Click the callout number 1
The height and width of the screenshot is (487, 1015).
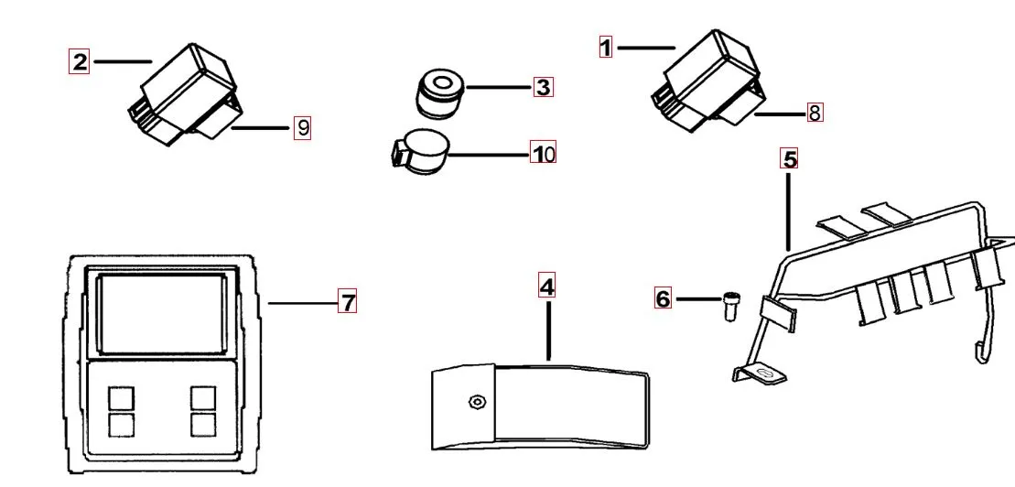tap(605, 47)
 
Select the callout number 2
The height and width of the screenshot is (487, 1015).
tap(80, 62)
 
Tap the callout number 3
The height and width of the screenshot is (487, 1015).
tap(544, 88)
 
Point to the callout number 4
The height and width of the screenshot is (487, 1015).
tap(546, 287)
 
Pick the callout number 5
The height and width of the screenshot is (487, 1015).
tap(789, 158)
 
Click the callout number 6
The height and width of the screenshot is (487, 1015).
tap(664, 298)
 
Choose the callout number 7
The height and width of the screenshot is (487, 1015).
tap(347, 301)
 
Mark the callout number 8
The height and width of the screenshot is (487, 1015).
tap(815, 114)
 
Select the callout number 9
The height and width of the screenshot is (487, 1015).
tap(302, 128)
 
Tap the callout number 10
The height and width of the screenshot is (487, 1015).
tap(544, 153)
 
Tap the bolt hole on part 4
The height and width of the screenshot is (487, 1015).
tap(476, 402)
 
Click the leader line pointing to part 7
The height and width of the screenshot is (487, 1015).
tap(302, 301)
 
